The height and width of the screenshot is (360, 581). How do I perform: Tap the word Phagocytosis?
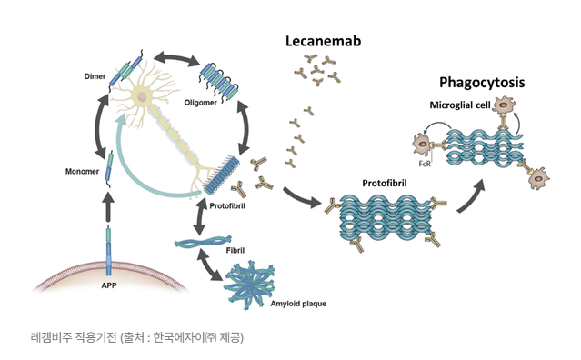482,83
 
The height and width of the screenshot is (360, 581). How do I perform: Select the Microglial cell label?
460,105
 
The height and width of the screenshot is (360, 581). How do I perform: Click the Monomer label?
83,170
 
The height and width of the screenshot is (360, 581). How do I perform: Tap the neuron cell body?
144,95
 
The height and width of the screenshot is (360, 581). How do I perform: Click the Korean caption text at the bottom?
136,336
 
